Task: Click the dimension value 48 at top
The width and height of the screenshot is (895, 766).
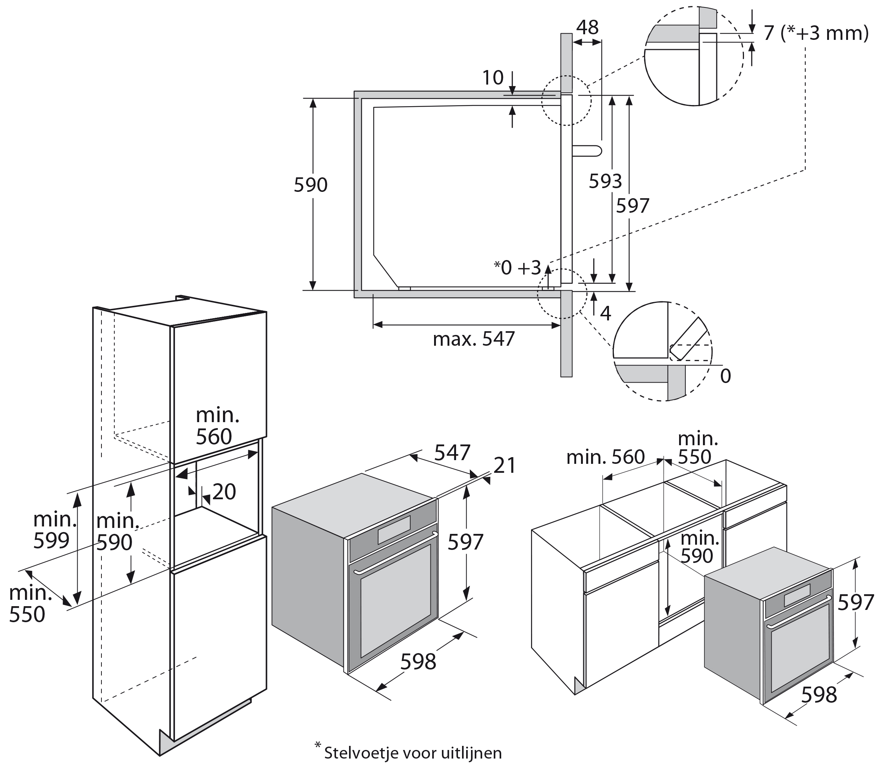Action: (587, 28)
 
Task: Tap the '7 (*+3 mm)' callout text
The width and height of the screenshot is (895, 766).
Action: (816, 33)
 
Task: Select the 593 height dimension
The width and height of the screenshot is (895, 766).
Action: (605, 181)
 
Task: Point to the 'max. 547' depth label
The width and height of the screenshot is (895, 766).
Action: (474, 339)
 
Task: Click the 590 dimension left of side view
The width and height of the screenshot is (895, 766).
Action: (311, 185)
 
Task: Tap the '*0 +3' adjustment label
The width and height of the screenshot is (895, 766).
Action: (518, 268)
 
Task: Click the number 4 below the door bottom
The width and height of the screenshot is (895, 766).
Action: (606, 314)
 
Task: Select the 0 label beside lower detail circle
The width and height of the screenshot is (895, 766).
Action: (726, 376)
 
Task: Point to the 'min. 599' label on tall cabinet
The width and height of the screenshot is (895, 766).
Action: (54, 529)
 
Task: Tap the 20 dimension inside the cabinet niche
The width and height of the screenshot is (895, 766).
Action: (224, 491)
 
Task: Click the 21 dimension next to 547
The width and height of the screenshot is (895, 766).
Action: (505, 466)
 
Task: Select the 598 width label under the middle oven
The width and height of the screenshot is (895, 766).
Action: (418, 662)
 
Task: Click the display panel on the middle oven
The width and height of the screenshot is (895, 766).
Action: (393, 535)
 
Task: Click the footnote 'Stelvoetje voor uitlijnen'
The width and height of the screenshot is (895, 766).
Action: (412, 753)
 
